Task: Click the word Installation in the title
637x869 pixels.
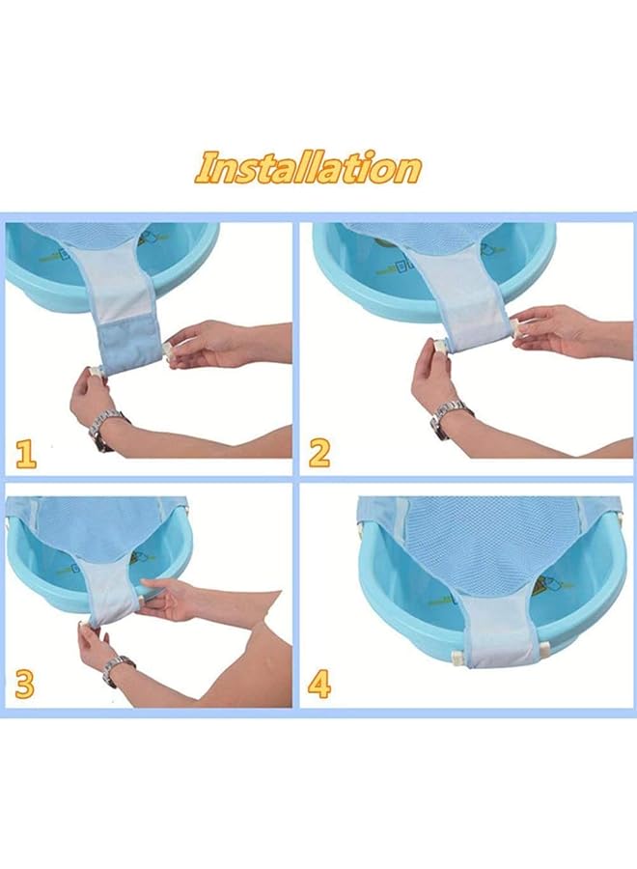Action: coord(308,167)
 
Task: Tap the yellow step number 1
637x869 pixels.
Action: coord(26,453)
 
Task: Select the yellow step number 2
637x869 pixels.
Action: coord(319,453)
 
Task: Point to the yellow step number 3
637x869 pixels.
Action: coord(25,685)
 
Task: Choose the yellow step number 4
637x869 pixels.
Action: coord(319,685)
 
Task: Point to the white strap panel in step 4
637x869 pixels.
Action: coord(497,632)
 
